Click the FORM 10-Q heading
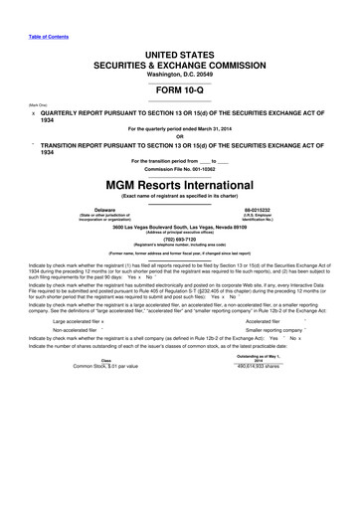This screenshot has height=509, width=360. [x=179, y=86]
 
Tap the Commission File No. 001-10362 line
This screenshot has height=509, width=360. [x=179, y=170]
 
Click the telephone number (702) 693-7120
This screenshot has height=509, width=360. [x=179, y=240]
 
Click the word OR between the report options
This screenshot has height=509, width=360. [x=179, y=136]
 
